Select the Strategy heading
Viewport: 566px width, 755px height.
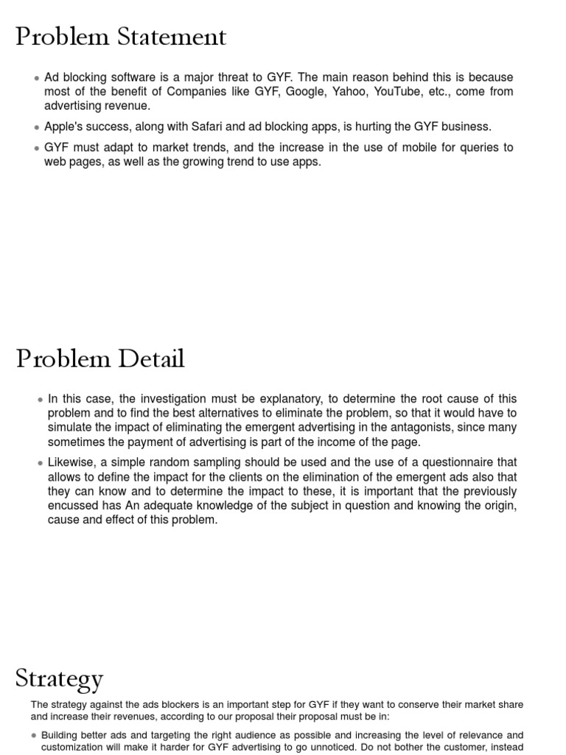pyautogui.click(x=59, y=679)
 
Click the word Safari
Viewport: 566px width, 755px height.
pyautogui.click(x=210, y=127)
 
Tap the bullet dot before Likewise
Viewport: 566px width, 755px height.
pyautogui.click(x=41, y=463)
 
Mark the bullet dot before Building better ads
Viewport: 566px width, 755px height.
pyautogui.click(x=35, y=736)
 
